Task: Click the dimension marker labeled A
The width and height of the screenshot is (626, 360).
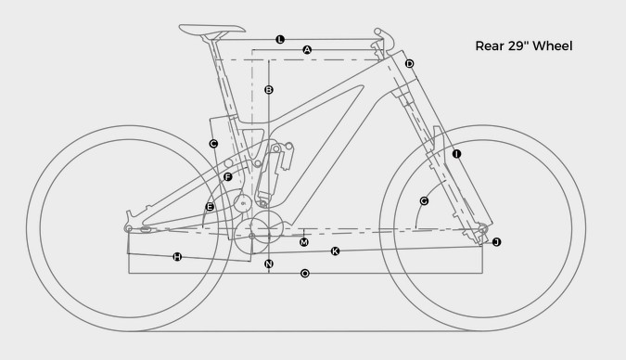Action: coord(307,50)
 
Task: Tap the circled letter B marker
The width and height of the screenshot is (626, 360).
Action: coord(269,90)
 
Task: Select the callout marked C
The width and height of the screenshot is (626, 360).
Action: coord(213,144)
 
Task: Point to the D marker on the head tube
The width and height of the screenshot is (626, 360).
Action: coord(409,63)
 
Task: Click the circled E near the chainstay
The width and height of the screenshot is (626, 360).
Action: coord(210,207)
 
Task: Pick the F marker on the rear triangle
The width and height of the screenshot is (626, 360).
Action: coord(227,176)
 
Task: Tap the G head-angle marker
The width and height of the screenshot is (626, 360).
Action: coord(424,201)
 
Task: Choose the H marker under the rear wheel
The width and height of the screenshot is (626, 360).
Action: coord(177,256)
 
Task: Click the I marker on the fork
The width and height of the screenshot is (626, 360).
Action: coord(456,154)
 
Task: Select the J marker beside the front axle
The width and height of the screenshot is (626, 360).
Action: coord(496,242)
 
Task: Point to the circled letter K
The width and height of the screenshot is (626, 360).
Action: coord(335,251)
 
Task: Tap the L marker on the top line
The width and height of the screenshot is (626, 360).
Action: coord(280,39)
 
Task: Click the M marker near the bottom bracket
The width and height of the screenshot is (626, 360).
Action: coord(304,242)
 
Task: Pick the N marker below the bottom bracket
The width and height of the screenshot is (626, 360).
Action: coord(269,264)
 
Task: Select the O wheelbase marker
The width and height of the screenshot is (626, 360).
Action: coord(304,274)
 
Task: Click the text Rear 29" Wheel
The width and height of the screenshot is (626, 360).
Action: coord(524,46)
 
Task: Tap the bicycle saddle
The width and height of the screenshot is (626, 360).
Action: coord(211,29)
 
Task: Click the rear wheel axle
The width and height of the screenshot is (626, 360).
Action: coord(129,228)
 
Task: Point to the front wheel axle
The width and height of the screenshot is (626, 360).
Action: coord(482,229)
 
